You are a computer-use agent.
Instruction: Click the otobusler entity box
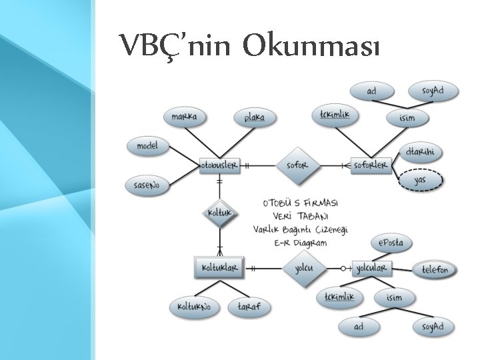click(219, 165)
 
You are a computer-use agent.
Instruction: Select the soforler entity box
click(371, 165)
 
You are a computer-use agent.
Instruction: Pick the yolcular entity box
click(372, 268)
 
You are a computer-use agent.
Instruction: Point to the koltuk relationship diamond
click(219, 213)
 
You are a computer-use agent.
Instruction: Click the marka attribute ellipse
click(184, 117)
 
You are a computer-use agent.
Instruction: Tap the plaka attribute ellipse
click(254, 118)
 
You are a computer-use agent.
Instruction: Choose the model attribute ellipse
click(147, 145)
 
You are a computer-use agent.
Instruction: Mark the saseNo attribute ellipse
click(147, 185)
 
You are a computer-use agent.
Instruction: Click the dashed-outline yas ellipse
click(420, 180)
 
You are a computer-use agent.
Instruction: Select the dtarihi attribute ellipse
click(420, 152)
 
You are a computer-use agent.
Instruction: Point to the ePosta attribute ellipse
click(391, 243)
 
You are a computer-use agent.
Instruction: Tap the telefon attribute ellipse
click(435, 270)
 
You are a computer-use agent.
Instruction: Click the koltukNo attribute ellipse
click(194, 307)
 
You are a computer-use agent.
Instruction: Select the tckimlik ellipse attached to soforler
click(335, 115)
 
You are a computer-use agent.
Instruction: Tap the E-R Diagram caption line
click(301, 243)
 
